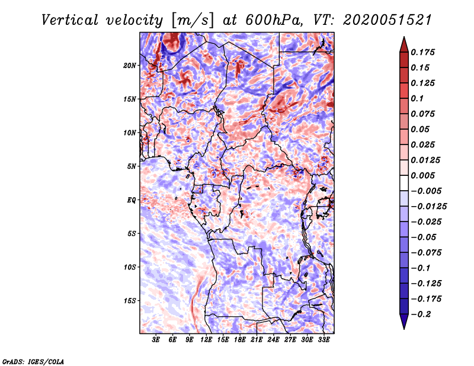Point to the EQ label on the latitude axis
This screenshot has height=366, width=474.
pyautogui.click(x=131, y=200)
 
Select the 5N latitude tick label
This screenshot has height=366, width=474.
pyautogui.click(x=132, y=166)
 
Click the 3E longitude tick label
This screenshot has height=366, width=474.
pyautogui.click(x=156, y=340)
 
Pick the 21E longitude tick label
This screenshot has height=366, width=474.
pyautogui.click(x=257, y=340)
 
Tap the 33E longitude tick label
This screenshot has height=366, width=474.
pyautogui.click(x=324, y=340)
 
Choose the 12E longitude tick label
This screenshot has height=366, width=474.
pyautogui.click(x=206, y=340)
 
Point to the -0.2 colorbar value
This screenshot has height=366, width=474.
pyautogui.click(x=424, y=314)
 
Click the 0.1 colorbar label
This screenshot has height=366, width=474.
pyautogui.click(x=420, y=98)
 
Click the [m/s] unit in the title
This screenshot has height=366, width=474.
pyautogui.click(x=186, y=21)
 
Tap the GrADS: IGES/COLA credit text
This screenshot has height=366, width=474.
pyautogui.click(x=33, y=361)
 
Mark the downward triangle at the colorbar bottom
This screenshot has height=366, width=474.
pyautogui.click(x=403, y=322)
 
